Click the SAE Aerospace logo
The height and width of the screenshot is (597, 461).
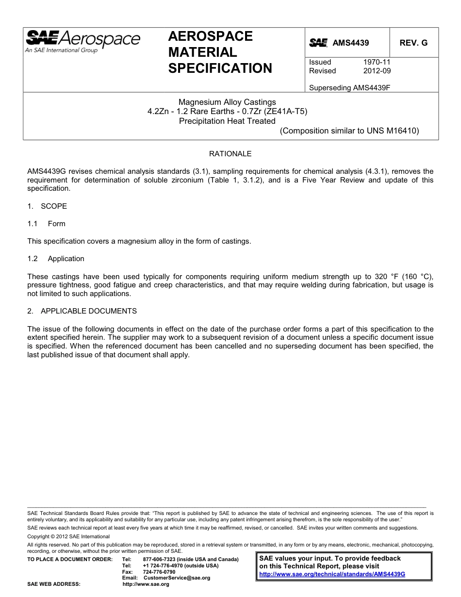[82, 41]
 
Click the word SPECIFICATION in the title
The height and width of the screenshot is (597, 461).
[220, 68]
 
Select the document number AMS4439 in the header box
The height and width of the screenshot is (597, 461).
[350, 43]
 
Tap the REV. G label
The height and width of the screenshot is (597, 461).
[413, 43]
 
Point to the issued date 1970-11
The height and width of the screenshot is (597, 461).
[377, 62]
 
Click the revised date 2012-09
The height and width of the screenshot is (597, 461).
[377, 71]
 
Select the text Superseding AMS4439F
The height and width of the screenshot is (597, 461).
[349, 88]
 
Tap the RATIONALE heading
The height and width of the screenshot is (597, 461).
[230, 154]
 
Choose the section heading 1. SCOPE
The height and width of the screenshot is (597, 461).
[47, 206]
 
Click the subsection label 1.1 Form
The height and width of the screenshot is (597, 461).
[47, 224]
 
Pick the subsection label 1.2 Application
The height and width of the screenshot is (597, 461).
[56, 259]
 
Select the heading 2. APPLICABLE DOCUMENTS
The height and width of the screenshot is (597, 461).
[82, 311]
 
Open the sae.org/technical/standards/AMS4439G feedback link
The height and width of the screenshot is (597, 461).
[332, 574]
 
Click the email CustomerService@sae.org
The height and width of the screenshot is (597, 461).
[177, 578]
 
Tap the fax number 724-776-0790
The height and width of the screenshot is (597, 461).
[159, 572]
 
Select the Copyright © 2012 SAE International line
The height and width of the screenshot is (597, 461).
[68, 536]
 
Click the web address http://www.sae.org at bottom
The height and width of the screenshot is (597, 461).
[146, 584]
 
